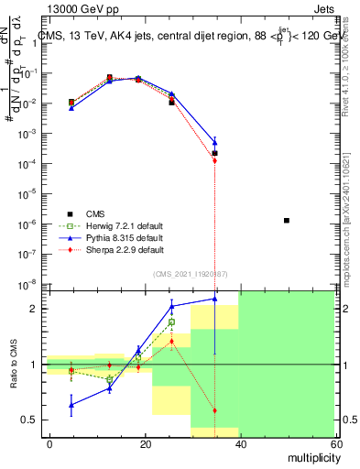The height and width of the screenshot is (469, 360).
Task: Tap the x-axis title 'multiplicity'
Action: pyautogui.click(x=311, y=455)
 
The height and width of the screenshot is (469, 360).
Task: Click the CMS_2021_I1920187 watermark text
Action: pyautogui.click(x=190, y=274)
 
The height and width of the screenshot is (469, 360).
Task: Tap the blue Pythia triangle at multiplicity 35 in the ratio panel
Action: pyautogui.click(x=214, y=299)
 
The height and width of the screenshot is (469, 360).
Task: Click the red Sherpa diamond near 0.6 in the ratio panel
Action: pyautogui.click(x=214, y=410)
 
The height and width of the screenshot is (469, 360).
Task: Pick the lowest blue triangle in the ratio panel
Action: pyautogui.click(x=71, y=404)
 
